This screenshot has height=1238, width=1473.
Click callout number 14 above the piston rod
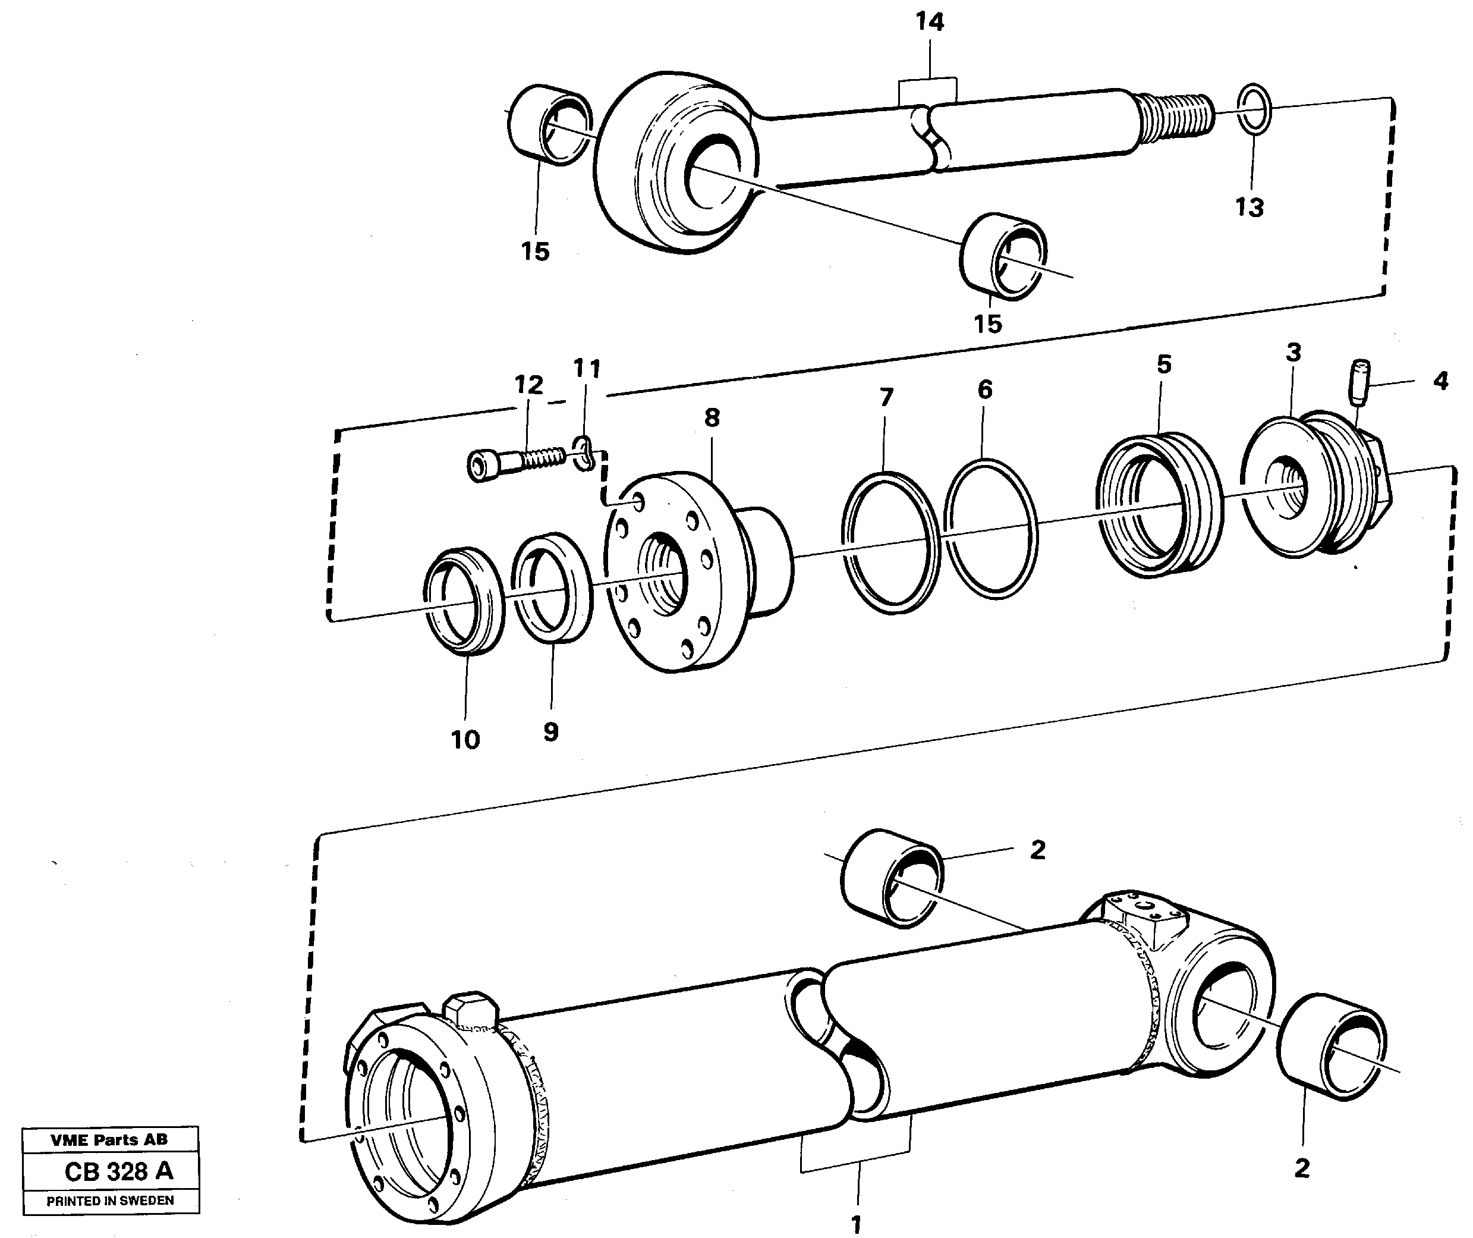point(930,23)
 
